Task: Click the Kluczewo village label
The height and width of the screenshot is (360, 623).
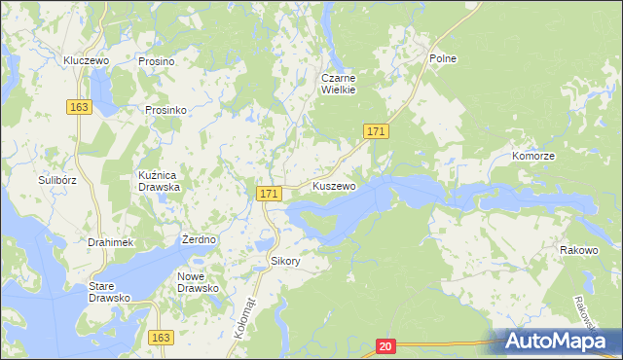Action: [85, 60]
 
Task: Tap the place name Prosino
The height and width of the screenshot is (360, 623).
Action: [156, 61]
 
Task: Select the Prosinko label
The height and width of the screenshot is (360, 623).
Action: [165, 110]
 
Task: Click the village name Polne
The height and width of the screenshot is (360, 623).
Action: [443, 58]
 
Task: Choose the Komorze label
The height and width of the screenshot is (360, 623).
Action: [533, 156]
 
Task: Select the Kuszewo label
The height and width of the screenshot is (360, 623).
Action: [334, 185]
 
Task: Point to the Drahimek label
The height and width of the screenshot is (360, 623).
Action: [109, 241]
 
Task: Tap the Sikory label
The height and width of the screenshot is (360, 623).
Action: [286, 261]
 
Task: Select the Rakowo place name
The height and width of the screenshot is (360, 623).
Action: [578, 250]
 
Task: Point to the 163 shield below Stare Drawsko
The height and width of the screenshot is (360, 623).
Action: [162, 337]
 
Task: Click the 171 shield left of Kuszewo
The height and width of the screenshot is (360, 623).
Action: [271, 195]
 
